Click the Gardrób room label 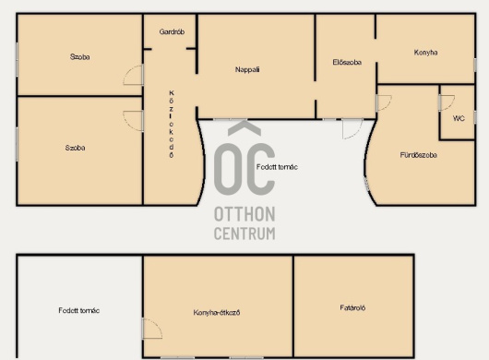tap(172, 31)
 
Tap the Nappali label tap(247, 69)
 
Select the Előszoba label tap(347, 63)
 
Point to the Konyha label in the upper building tap(425, 53)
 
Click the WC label tap(459, 118)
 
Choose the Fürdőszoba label tap(418, 155)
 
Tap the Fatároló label tap(352, 308)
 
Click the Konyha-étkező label tap(217, 313)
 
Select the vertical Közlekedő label tap(172, 125)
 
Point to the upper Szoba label tap(80, 57)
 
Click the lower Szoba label tap(75, 148)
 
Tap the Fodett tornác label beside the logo tap(277, 167)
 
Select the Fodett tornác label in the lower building tap(79, 311)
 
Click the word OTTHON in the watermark tap(244, 214)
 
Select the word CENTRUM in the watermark tap(244, 234)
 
